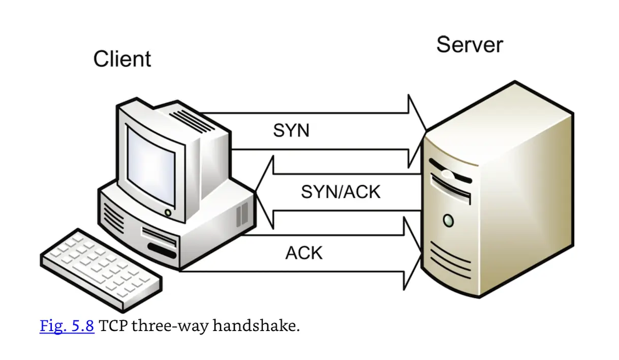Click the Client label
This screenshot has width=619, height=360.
[x=122, y=59]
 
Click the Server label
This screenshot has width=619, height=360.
[x=469, y=44]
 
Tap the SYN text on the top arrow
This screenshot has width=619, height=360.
[x=291, y=131]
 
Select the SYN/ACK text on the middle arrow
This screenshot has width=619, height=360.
[x=341, y=192]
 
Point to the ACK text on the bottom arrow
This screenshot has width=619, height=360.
[x=304, y=253]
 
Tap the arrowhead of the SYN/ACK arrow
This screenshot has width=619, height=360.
[x=265, y=192]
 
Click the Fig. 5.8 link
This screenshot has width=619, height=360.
[x=67, y=325]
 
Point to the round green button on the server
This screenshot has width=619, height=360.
[x=448, y=220]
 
